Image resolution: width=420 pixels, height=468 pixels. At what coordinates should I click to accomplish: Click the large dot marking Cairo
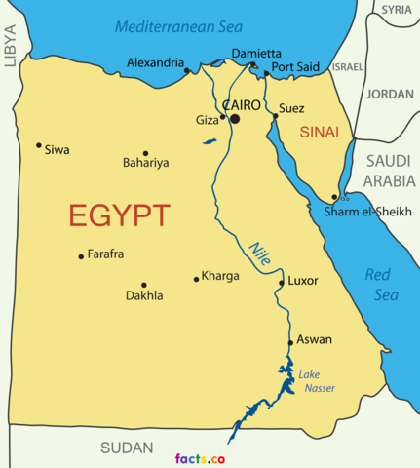coord(234,119)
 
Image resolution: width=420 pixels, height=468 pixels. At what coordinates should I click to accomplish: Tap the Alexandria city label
coord(155,63)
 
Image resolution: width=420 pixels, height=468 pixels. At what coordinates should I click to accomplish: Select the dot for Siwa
coord(39,145)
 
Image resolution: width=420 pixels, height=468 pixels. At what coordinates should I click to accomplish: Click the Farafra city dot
coord(81,256)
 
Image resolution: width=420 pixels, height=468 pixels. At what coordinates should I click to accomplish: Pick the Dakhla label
coord(144,295)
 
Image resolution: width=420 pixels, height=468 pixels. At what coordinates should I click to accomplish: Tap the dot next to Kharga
coord(196,279)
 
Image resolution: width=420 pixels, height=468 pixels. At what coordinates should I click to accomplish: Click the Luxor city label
coord(303,281)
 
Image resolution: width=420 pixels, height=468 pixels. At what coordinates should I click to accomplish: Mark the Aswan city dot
coord(290,342)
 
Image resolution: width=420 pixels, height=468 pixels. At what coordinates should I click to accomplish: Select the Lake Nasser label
coord(317,381)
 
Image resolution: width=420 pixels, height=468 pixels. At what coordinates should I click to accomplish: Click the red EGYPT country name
coord(119,215)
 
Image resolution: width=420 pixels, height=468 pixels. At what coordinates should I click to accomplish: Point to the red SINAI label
coord(320,131)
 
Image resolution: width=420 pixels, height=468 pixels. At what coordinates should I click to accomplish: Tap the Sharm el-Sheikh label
coord(368,212)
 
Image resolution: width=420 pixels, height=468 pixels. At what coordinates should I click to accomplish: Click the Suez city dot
coord(275,116)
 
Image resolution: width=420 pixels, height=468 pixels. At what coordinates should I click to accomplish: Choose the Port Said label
coord(295,67)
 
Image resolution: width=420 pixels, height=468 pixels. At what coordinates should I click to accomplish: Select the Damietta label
coord(256,53)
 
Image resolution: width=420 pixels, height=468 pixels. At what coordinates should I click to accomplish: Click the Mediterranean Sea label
coord(179,26)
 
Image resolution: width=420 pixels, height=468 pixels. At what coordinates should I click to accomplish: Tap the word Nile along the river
coord(259,252)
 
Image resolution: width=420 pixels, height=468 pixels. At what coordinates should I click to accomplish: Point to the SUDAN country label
coord(128,448)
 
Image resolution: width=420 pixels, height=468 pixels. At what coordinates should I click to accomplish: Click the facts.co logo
coord(201,458)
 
